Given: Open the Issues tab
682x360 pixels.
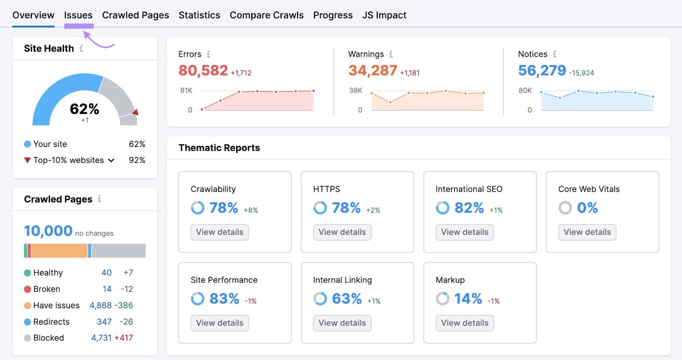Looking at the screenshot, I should coord(78,15).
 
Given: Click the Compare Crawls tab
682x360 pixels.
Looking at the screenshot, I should coord(266,15).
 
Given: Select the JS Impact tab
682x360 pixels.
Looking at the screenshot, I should coord(384,15).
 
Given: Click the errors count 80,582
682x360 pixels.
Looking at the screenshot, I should coord(203,70).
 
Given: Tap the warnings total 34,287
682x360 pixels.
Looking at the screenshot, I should coord(373,70).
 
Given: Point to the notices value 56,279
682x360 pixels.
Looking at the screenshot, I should coord(542,70).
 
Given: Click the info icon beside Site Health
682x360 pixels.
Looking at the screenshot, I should coord(81,49).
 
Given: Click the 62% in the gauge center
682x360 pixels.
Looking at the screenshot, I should coord(84,109).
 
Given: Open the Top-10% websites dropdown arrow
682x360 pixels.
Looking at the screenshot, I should coord(111,161).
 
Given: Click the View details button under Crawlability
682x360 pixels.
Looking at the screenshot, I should coord(220,232).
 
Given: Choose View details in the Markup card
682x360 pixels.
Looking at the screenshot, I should coord(465,323).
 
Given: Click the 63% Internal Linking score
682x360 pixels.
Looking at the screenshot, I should coord(347,299).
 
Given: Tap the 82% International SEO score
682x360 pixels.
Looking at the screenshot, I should coord(469,208).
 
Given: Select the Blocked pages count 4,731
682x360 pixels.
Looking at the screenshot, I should coord(101,338).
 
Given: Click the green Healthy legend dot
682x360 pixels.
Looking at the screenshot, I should coord(27,273).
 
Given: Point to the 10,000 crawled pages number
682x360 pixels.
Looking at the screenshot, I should coord(48,231).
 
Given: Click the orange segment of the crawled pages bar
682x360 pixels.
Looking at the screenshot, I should coord(59,251).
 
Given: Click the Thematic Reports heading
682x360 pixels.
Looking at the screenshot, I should coord(219,148).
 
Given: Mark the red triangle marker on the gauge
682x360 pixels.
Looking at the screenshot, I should coord(136,112).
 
